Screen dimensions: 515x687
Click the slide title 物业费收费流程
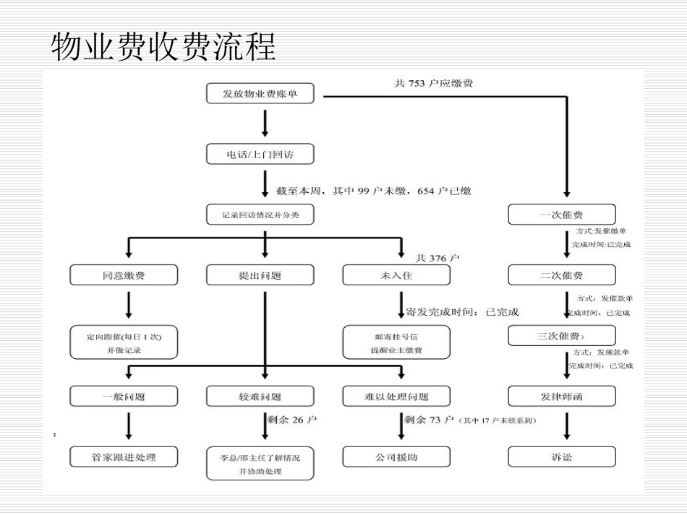pos(163,47)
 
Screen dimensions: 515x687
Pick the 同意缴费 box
pos(124,275)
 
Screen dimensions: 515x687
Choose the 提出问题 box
pos(260,275)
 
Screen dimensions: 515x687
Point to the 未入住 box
pos(396,275)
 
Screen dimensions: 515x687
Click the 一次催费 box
pos(562,215)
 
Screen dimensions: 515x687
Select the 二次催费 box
pos(562,275)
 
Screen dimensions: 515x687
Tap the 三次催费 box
pos(562,336)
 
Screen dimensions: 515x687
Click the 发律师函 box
pos(562,396)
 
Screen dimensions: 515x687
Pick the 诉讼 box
pos(562,456)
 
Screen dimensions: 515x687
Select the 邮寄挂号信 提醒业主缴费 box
pos(396,342)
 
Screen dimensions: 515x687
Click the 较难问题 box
pos(260,396)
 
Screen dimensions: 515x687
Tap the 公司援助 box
pos(396,456)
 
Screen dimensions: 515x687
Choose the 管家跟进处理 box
pos(124,456)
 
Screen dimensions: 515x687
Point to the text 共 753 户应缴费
pos(434,84)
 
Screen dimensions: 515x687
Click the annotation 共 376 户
pos(438,258)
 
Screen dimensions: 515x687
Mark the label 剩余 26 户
pos(292,420)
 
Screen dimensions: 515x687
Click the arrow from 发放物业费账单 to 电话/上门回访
pos(265,124)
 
